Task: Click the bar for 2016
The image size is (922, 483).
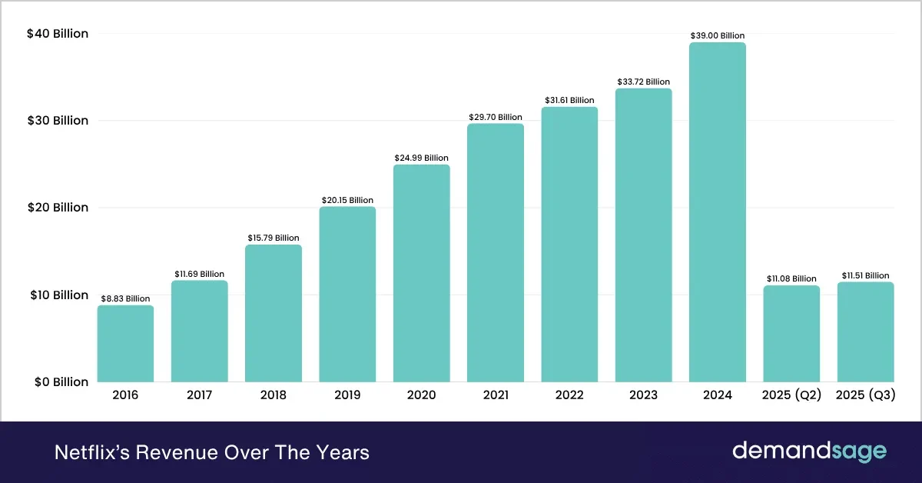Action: [125, 344]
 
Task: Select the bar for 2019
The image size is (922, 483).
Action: [347, 295]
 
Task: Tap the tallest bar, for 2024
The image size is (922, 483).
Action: [717, 212]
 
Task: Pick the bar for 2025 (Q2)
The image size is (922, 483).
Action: [791, 334]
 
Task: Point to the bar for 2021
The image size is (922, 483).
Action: [496, 253]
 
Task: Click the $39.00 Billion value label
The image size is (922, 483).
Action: [717, 35]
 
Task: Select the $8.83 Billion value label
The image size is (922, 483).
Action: [125, 298]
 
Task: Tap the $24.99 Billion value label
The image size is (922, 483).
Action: [421, 158]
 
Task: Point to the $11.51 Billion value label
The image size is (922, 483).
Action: [865, 275]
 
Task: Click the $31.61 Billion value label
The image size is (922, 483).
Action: [569, 100]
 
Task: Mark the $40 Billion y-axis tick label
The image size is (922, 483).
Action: [58, 34]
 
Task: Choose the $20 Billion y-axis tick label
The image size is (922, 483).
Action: [58, 208]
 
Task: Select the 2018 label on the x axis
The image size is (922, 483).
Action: [274, 395]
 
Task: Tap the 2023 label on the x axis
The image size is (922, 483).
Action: [643, 395]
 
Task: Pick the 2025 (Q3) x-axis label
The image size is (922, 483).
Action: [865, 395]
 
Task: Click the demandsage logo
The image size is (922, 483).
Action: [809, 451]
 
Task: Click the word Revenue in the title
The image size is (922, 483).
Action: [166, 452]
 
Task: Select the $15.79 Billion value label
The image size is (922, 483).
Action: [274, 238]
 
